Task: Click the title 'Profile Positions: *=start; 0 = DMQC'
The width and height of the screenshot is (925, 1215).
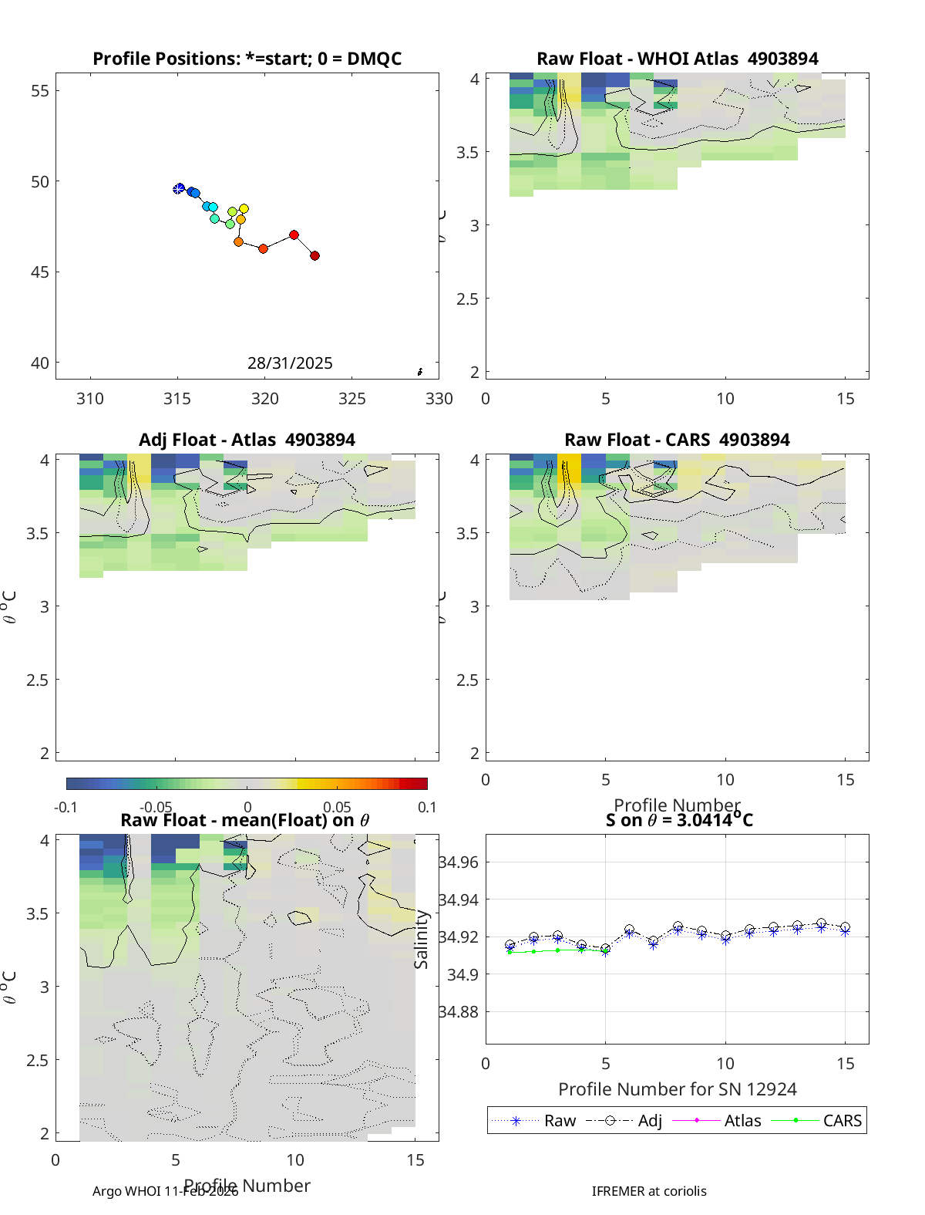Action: [247, 59]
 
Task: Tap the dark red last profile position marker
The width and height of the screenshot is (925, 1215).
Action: [314, 255]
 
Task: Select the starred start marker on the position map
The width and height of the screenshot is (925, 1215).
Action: [179, 189]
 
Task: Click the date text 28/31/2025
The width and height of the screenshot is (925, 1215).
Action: [290, 363]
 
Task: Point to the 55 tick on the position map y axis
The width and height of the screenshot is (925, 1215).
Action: [39, 91]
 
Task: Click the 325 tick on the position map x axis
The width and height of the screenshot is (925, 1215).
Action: [352, 398]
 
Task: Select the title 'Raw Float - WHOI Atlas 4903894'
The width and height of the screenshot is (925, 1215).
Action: [677, 59]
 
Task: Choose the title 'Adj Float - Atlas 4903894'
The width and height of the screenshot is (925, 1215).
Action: [247, 440]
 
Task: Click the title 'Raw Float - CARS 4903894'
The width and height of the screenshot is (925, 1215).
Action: [677, 440]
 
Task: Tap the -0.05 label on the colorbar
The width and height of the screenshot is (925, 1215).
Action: [156, 807]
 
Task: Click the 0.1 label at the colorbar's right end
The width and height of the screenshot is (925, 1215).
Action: [427, 807]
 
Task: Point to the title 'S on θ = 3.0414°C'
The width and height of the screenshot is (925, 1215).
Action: [678, 820]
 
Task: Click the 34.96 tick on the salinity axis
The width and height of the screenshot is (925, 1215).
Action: [459, 862]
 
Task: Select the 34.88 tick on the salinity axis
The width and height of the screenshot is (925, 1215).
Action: [459, 1012]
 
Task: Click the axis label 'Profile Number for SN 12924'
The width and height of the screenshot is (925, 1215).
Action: [677, 1088]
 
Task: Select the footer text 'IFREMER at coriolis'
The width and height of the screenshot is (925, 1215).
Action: [649, 1191]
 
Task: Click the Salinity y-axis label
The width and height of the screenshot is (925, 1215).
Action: [421, 939]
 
